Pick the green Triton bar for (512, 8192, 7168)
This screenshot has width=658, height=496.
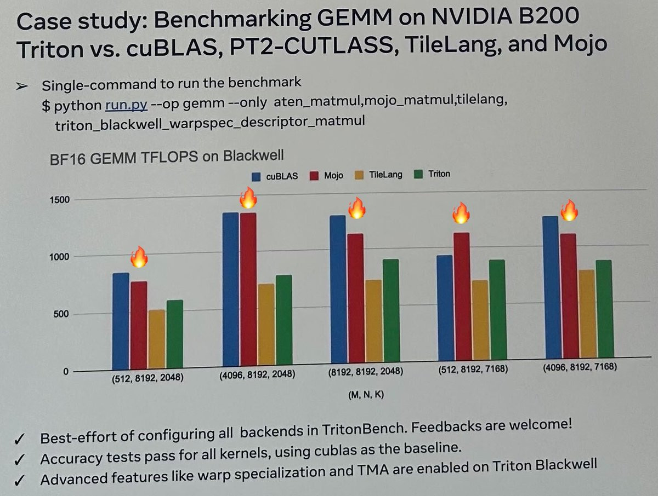(x=497, y=315)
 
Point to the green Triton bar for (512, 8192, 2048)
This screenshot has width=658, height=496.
(x=174, y=334)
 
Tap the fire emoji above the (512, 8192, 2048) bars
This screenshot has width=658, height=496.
(x=139, y=257)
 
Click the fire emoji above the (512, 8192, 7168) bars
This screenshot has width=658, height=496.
(x=461, y=212)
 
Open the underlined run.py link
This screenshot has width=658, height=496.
(x=126, y=104)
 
